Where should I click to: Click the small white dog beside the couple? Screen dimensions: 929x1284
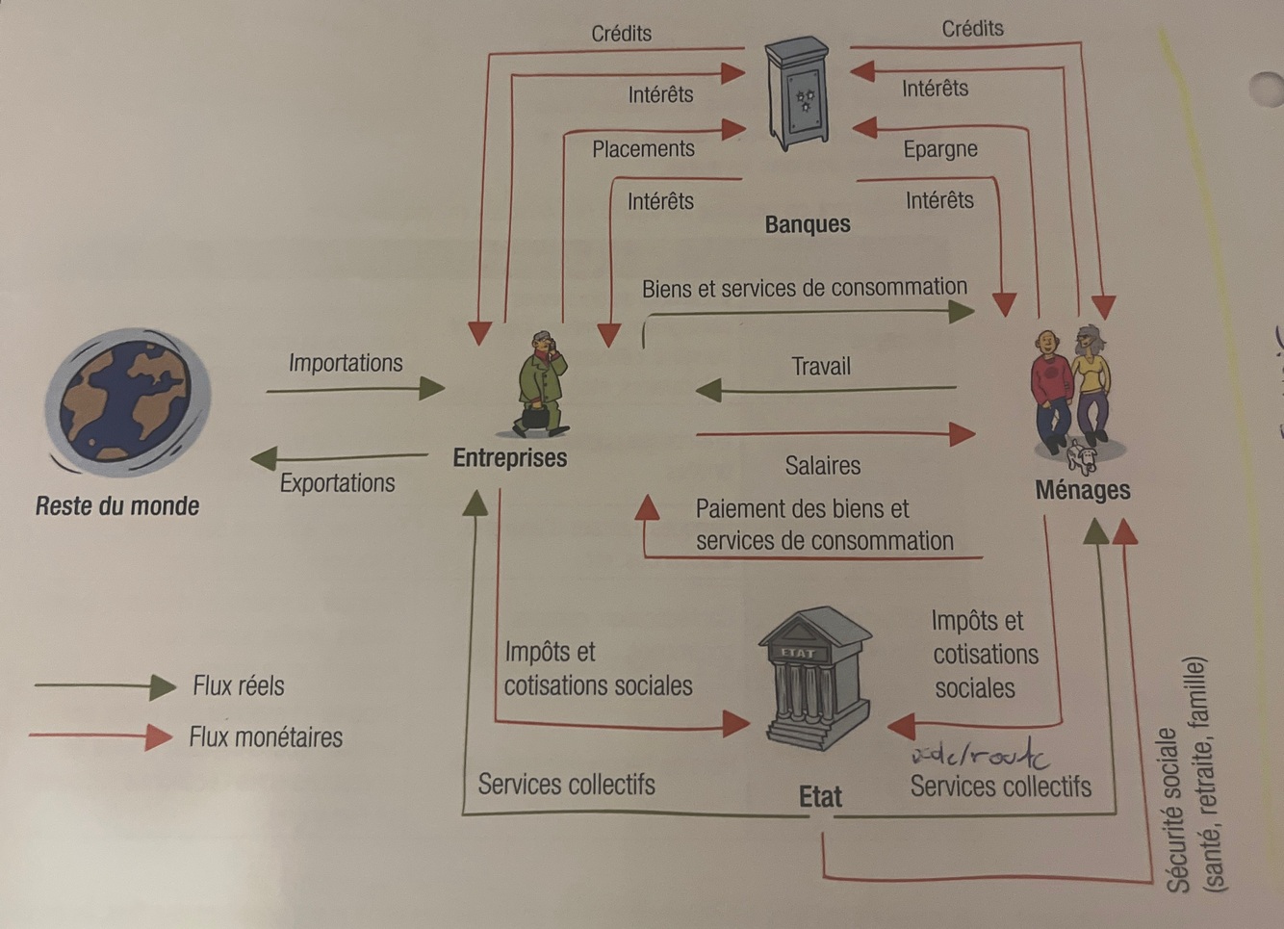point(1084,457)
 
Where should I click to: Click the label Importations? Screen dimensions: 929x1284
point(346,363)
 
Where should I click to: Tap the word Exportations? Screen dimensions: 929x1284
point(337,483)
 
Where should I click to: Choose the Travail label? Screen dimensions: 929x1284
point(821,367)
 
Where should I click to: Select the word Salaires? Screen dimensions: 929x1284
point(822,466)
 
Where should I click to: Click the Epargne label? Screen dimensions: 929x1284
point(940,149)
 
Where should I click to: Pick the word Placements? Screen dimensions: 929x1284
point(643,149)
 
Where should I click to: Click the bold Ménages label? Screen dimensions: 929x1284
point(1083,490)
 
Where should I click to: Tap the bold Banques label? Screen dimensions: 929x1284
point(808,224)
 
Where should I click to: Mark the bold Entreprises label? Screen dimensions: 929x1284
point(510,458)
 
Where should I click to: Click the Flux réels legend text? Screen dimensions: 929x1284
point(239,686)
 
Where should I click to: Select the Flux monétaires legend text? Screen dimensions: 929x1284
point(266,737)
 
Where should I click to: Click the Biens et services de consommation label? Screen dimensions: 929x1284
point(804,288)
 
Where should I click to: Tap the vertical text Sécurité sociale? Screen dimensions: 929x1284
point(1176,809)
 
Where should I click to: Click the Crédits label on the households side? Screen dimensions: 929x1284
point(972,29)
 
